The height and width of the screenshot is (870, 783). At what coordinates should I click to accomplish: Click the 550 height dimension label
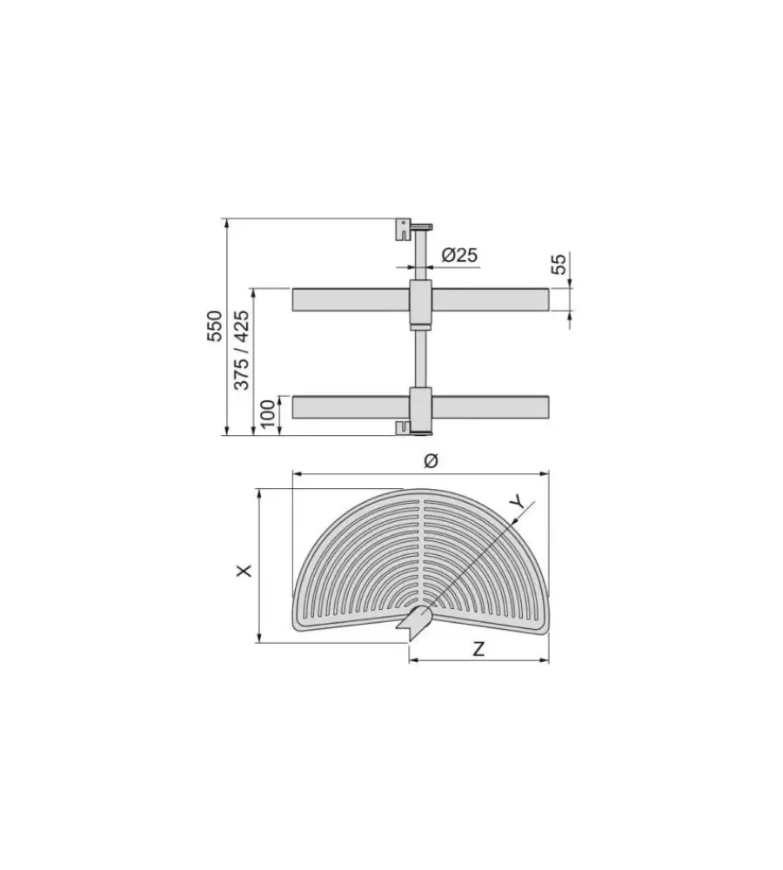(215, 326)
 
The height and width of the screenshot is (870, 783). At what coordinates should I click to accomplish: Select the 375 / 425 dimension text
(241, 350)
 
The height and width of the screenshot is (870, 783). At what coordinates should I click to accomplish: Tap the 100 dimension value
(267, 414)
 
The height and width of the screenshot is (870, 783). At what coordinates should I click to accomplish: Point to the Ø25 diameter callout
(459, 255)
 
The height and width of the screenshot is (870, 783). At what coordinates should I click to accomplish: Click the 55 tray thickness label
(559, 264)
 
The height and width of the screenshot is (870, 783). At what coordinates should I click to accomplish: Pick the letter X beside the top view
(244, 571)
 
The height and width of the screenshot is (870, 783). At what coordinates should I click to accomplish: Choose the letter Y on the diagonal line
(518, 502)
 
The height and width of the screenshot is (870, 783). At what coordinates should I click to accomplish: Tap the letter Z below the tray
(478, 648)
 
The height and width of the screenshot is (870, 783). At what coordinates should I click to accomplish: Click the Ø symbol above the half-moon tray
(431, 460)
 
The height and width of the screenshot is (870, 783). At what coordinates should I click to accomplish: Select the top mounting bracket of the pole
(404, 229)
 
